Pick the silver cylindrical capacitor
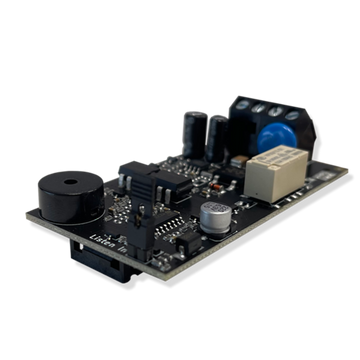[213, 215]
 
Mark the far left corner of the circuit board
[26, 216]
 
